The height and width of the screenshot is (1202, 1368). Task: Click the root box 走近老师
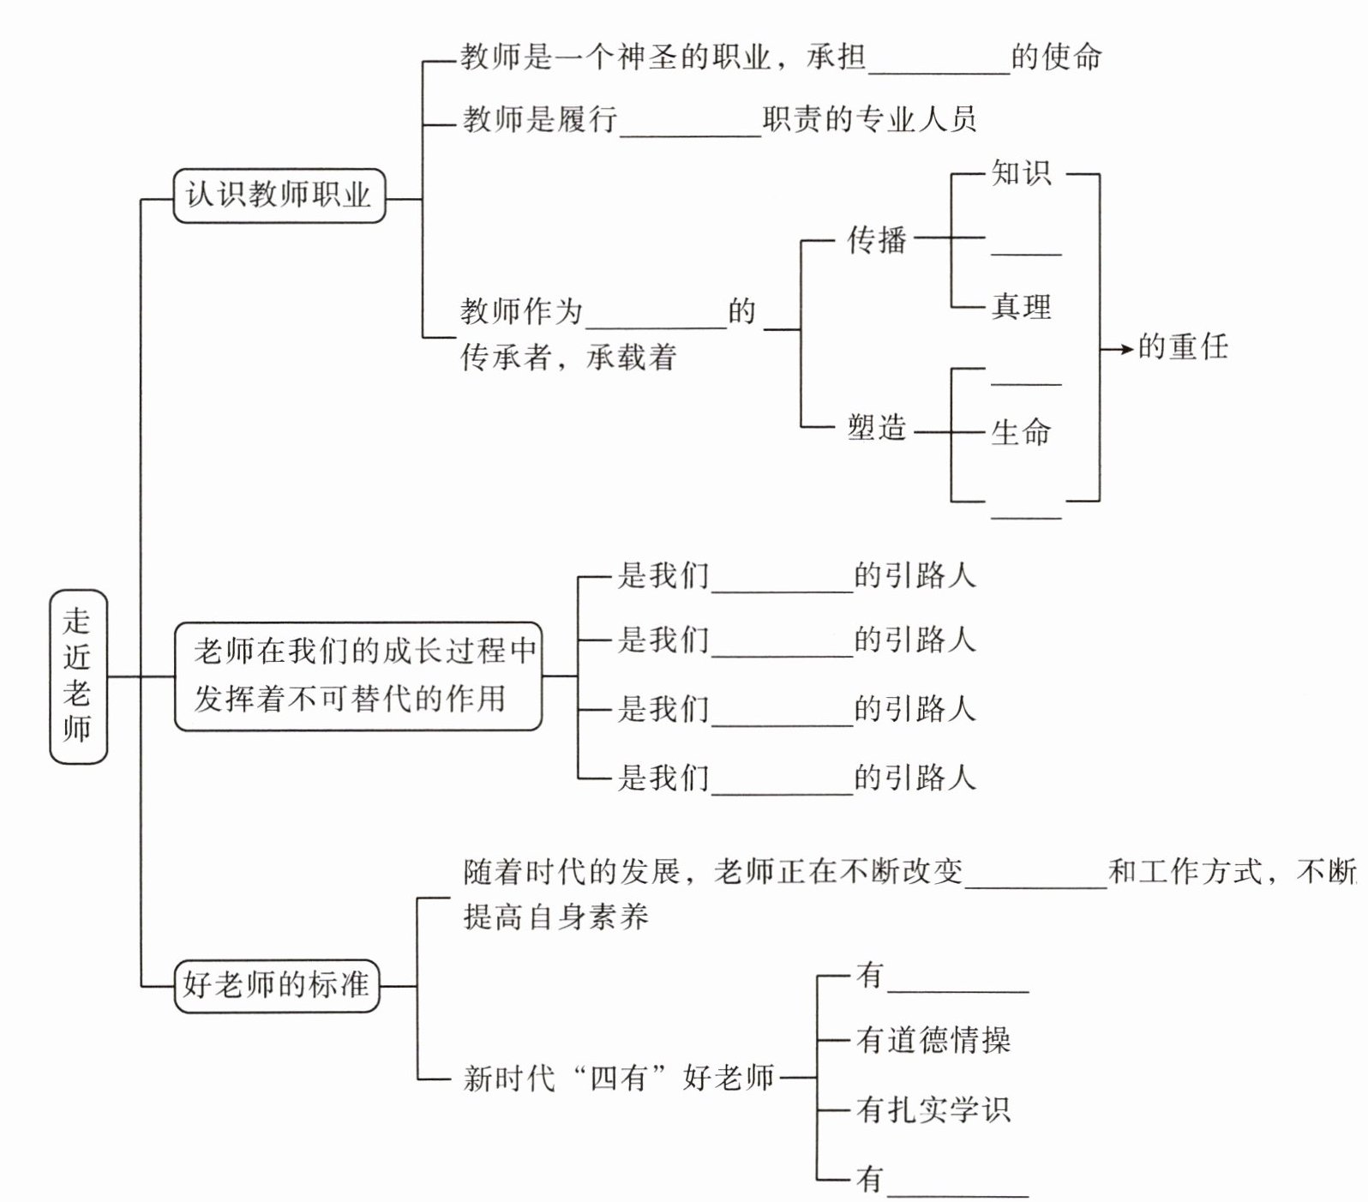78,676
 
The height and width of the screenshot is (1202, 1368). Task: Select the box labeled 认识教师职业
279,196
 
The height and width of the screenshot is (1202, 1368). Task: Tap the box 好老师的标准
276,986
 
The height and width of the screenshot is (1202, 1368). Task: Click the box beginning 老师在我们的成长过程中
358,676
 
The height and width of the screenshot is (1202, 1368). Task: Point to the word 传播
876,239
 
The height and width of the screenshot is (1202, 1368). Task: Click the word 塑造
876,427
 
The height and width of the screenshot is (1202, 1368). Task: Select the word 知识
1021,174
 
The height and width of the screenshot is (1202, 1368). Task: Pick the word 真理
1021,307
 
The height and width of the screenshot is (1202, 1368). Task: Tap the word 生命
1021,432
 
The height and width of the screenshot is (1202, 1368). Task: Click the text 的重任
1183,347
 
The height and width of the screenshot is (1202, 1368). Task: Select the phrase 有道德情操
933,1040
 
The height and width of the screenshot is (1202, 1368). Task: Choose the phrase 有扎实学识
933,1110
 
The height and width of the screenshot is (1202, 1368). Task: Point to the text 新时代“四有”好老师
618,1078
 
